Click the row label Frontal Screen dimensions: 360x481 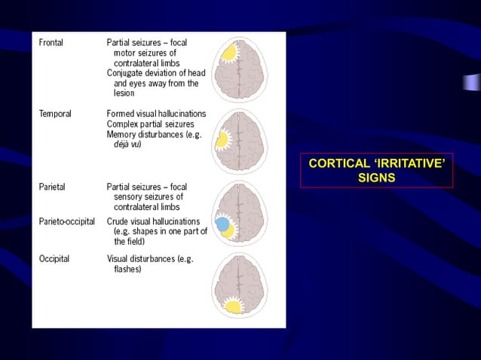pos(51,43)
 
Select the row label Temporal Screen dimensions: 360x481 pos(55,114)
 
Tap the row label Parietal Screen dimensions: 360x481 pos(53,186)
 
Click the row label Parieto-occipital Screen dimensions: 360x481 pos(66,221)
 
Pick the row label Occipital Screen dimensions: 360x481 pos(54,258)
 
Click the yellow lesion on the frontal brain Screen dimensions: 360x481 pos(228,53)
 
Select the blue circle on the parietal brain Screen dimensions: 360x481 pos(222,224)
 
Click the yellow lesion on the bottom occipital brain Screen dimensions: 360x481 pos(234,305)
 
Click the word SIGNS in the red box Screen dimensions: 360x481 pos(376,178)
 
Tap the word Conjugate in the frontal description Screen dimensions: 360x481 pos(125,74)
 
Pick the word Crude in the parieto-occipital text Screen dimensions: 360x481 pos(118,221)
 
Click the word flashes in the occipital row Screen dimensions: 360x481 pos(127,268)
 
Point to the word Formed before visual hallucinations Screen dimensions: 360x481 pos(121,114)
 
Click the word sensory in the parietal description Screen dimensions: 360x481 pos(128,197)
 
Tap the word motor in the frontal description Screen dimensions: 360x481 pos(126,53)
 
